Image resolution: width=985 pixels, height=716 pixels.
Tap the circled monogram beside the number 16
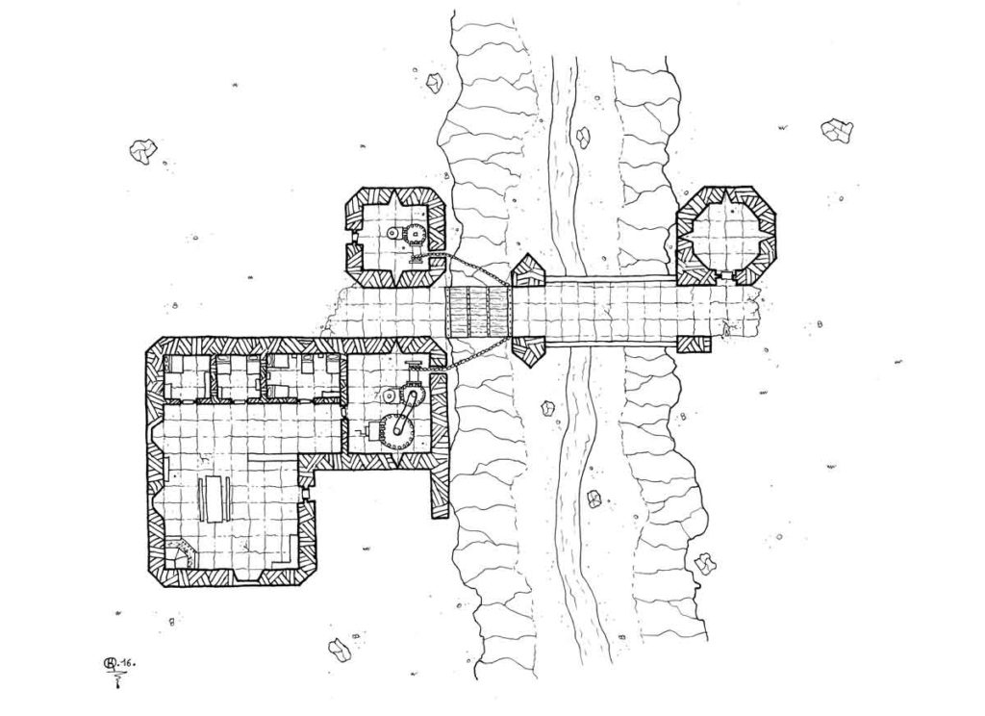coord(109,665)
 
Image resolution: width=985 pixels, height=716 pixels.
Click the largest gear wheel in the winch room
coord(396,429)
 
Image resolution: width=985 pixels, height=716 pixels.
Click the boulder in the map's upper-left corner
coord(143,150)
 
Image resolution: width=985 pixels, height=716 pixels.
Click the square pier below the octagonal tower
coord(695,343)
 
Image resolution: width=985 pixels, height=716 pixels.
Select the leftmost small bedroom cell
coord(187,376)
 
